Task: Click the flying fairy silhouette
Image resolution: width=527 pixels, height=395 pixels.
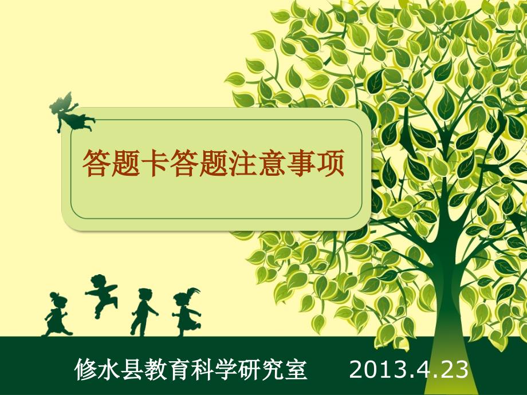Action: pos(70,113)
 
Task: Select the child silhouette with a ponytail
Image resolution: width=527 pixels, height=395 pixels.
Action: pos(186,311)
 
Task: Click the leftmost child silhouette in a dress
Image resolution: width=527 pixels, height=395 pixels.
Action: pos(57,314)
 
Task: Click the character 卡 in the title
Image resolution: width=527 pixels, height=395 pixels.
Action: pos(155,163)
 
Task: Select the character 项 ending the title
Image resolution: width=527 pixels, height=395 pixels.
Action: pos(330,163)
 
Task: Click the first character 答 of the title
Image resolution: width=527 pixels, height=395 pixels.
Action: pos(96,163)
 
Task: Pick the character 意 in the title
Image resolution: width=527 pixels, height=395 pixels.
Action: pos(272,163)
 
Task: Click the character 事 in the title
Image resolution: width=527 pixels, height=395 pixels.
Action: pos(301,163)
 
